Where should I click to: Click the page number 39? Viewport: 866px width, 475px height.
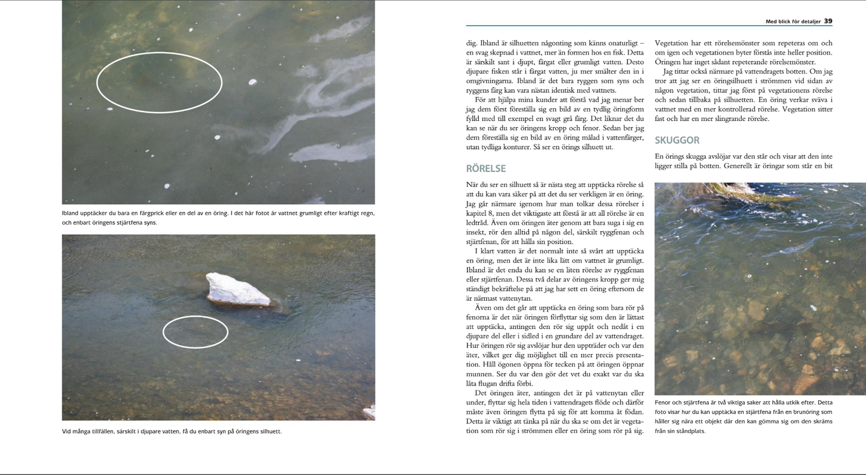(x=828, y=21)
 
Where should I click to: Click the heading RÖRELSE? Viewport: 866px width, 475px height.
(x=485, y=169)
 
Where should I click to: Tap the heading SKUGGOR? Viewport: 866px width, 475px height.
(x=677, y=140)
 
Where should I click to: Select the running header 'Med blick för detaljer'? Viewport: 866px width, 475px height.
(x=793, y=22)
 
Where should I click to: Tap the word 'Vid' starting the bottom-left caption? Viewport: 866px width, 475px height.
(x=67, y=431)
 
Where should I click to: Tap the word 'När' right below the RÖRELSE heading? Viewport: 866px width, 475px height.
(x=473, y=184)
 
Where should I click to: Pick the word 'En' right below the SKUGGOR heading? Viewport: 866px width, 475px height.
(x=660, y=156)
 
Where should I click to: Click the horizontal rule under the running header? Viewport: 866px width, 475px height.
(x=649, y=26)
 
